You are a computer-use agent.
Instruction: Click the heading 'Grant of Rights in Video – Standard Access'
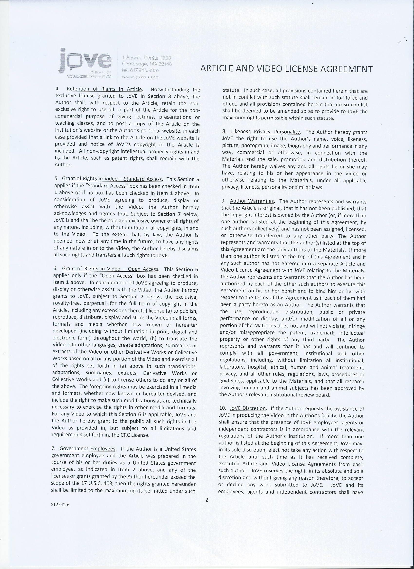[112, 179]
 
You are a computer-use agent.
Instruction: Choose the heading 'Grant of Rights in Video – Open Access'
[110, 269]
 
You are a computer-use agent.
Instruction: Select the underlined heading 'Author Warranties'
[252, 201]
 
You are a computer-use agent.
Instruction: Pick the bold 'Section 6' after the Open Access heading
[187, 269]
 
